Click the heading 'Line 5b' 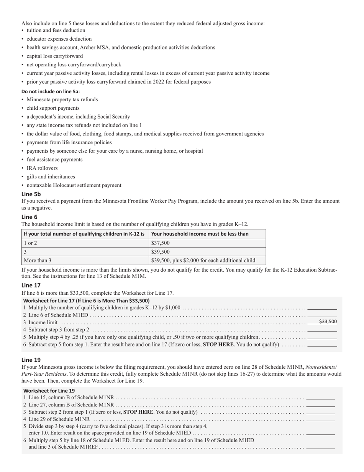[31, 194]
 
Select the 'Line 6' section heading [30, 217]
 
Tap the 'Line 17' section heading [31, 285]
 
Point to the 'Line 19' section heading [31, 360]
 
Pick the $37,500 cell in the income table [161, 243]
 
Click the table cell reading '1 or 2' [31, 243]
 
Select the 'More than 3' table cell [38, 260]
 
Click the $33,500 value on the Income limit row [328, 322]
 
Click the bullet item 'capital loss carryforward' [54, 56]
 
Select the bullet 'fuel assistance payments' [54, 160]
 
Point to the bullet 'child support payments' [53, 108]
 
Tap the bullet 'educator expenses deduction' [59, 39]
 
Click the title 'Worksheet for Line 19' [49, 391]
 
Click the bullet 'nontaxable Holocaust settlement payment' [74, 185]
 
